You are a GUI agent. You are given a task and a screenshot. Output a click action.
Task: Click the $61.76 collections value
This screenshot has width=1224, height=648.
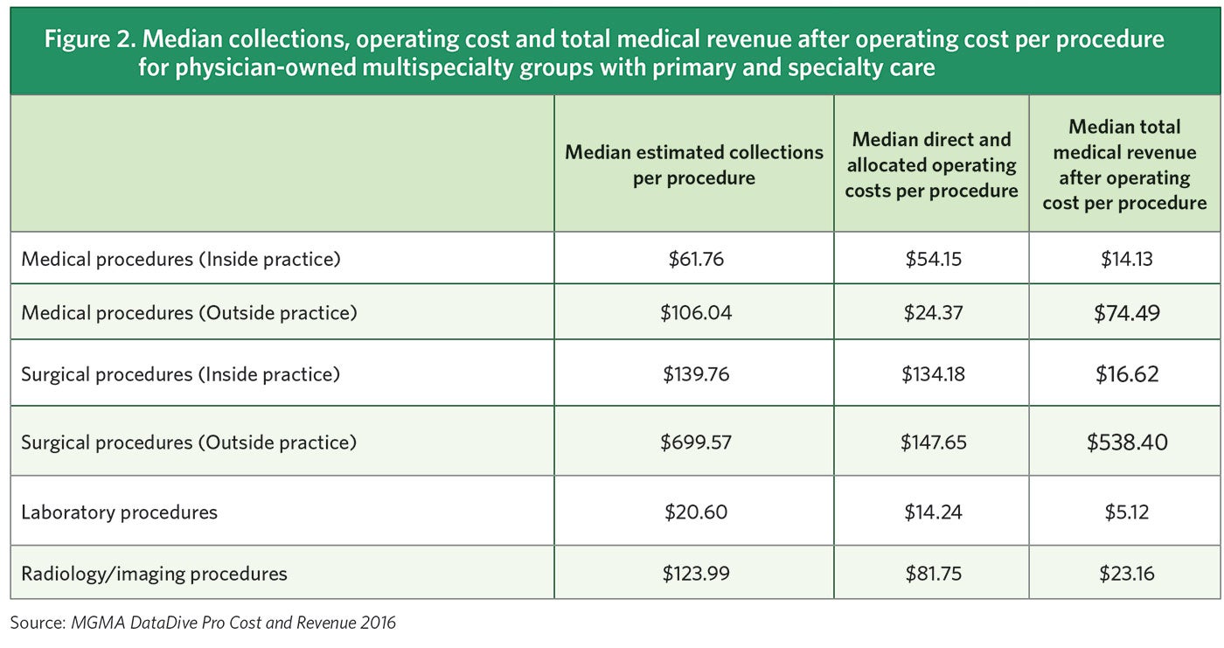coord(695,259)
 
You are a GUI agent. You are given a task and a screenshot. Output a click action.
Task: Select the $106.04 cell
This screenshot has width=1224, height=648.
coord(695,313)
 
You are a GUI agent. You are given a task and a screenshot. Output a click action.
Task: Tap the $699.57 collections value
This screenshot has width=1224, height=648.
coord(695,442)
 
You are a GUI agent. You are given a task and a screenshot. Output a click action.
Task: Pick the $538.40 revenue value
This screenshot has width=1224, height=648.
coord(1127,442)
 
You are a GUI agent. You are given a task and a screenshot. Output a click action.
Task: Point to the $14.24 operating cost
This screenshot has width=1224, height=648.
coord(933,512)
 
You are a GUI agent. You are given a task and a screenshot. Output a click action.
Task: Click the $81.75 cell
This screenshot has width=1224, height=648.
coord(933,574)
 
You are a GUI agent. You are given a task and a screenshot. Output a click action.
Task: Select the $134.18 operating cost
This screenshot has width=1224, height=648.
coord(933,374)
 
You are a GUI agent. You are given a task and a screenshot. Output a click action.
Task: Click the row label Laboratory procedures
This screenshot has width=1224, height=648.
coord(119,512)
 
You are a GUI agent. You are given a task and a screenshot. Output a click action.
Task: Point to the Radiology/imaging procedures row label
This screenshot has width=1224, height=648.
coord(154,574)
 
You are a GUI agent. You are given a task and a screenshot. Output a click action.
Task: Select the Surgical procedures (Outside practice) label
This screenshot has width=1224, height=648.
coord(189,442)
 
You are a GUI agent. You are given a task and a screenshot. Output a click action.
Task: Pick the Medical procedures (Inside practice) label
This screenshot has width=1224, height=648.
coord(180,259)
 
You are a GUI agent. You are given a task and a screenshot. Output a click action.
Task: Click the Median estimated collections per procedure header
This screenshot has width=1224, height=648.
coord(694,164)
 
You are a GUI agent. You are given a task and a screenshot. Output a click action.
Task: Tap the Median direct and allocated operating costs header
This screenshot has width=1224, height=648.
coord(932,164)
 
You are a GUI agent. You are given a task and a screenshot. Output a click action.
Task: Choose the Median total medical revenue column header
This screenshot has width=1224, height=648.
coord(1124,164)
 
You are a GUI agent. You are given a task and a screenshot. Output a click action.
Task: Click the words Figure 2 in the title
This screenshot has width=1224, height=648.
coord(73,40)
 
